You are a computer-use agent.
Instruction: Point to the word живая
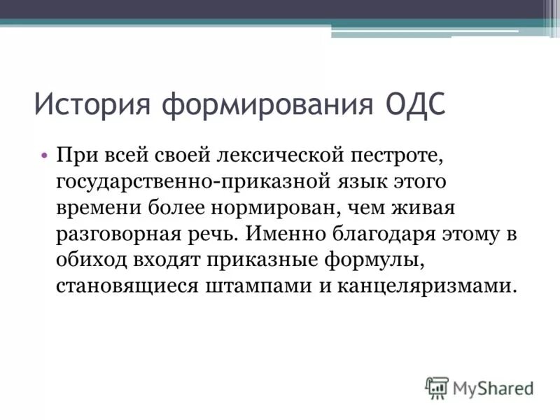(x=426, y=208)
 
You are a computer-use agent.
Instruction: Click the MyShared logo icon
(x=437, y=387)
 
